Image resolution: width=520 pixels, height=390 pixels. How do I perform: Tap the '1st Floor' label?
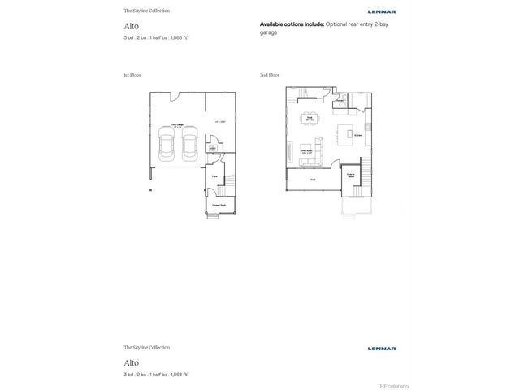[x=132, y=75]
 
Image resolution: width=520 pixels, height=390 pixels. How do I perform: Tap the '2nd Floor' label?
[x=269, y=75]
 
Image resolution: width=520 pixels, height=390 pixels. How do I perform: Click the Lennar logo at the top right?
[x=382, y=11]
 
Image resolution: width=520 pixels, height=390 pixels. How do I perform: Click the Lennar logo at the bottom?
[x=382, y=348]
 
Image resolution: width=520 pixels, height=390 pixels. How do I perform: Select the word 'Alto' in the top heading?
[x=131, y=26]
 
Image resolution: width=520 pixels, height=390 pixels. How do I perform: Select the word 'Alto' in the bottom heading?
[x=131, y=362]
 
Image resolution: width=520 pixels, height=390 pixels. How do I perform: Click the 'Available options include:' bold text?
[x=292, y=25]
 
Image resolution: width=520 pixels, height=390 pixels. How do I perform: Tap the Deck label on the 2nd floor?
[x=313, y=180]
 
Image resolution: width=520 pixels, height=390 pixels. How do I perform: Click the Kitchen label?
[x=357, y=134]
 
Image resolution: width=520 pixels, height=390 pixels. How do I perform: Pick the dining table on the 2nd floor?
[x=310, y=118]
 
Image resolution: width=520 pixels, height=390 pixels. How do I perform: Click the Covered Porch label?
[x=219, y=205]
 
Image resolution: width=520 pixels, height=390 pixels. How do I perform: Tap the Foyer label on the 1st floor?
[x=214, y=175]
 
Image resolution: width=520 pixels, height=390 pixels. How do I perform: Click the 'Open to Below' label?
[x=351, y=175]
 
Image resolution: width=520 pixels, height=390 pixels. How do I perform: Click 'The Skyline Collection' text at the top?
[x=146, y=11]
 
